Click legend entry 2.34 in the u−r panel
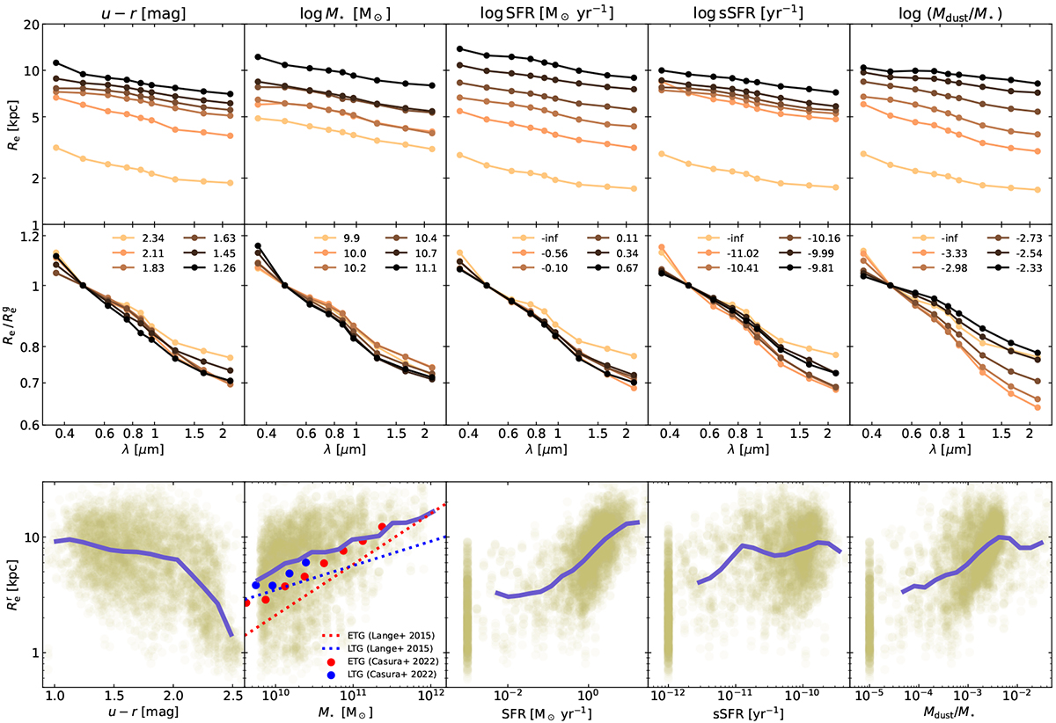pyautogui.click(x=143, y=238)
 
